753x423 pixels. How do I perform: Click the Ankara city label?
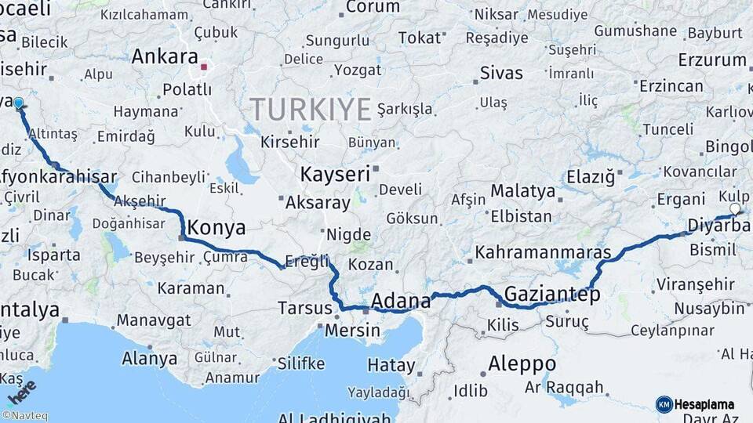[165, 56]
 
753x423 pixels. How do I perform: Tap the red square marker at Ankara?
[204, 67]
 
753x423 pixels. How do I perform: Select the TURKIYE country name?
[310, 109]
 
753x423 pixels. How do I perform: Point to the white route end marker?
[735, 209]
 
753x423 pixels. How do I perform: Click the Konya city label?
[217, 228]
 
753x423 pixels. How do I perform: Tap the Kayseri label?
[335, 174]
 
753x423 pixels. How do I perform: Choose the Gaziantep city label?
[552, 295]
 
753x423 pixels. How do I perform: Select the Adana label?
[401, 301]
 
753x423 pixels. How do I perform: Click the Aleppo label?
[522, 364]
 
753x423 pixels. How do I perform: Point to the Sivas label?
[501, 74]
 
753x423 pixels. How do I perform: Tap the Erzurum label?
[712, 60]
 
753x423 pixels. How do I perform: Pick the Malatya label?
[522, 190]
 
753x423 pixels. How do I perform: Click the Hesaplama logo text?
[705, 405]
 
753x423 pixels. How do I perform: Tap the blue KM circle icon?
[664, 404]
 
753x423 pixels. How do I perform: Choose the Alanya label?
[149, 360]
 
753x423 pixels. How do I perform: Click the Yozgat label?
[358, 70]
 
